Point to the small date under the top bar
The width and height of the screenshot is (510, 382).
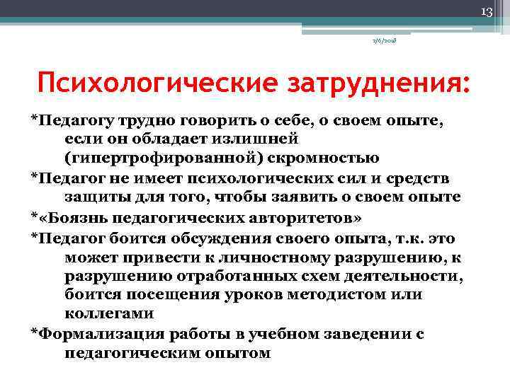[x=384, y=42]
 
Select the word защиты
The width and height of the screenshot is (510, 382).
[x=94, y=196]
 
